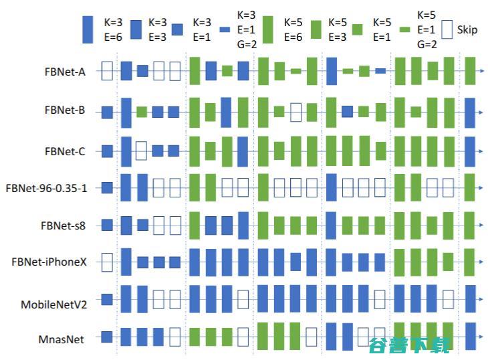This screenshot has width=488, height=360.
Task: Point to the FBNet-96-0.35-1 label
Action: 46,188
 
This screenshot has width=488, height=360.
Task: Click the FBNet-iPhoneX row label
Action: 49,262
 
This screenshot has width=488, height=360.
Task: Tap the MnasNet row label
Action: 61,339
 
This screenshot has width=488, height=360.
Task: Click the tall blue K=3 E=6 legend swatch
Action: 88,29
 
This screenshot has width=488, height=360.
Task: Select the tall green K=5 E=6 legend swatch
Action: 268,29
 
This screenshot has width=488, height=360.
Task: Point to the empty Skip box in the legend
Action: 447,29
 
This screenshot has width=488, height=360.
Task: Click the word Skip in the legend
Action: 468,29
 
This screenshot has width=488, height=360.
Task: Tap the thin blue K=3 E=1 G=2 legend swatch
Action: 225,29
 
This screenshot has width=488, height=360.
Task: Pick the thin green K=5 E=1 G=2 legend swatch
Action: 404,29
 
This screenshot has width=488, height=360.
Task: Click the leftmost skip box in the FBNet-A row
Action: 106,70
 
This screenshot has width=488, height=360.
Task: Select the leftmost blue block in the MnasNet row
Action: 106,337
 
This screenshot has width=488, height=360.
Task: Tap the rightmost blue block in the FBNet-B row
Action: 470,112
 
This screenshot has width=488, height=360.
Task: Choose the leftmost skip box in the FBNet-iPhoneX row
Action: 106,262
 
